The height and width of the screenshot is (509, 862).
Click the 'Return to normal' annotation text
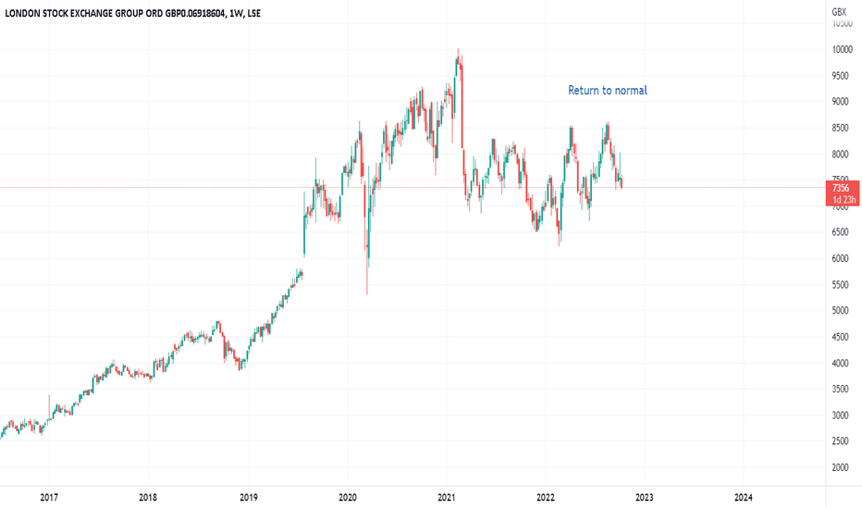tap(607, 91)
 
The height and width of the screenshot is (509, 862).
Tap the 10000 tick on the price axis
tap(841, 50)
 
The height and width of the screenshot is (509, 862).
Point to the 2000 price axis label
tap(839, 468)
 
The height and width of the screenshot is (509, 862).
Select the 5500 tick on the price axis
tap(839, 285)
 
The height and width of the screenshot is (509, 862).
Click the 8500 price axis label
tap(839, 128)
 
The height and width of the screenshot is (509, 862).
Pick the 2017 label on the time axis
tap(49, 497)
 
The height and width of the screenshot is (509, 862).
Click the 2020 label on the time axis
tap(347, 497)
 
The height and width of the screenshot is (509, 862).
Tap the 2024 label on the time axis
tap(743, 497)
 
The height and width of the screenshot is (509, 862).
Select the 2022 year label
tap(546, 497)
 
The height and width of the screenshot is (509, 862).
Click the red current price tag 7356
tap(840, 188)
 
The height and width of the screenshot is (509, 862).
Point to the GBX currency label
tap(839, 11)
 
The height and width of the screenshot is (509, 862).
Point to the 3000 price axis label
tap(839, 416)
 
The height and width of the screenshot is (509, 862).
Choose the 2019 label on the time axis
tap(248, 497)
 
